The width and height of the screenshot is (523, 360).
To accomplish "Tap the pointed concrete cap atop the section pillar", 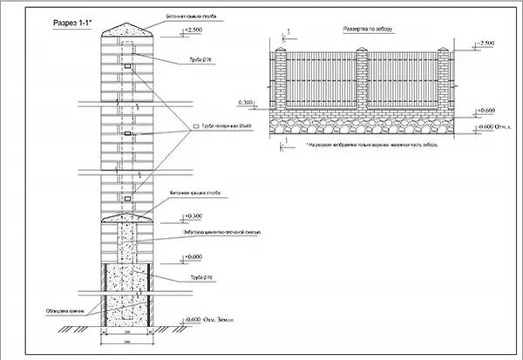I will coord(130,29).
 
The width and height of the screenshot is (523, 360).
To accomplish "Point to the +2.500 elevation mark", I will coord(194,30).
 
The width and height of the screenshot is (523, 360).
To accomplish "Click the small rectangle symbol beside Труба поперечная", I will coord(197,127).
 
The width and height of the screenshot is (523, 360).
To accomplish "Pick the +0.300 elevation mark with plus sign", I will coord(194,214).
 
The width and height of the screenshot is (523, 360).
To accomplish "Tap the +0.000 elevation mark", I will coord(194,256).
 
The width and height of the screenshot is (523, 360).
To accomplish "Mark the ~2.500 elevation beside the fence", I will coord(486,42).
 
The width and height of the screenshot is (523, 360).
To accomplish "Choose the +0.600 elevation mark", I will coord(486,111).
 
